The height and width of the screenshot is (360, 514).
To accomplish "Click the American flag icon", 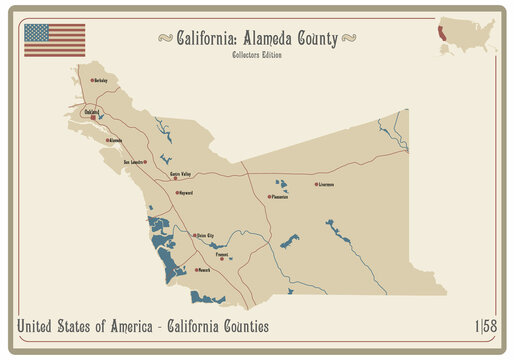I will click(x=54, y=39).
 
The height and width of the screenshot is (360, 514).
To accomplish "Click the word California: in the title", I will click(x=208, y=39).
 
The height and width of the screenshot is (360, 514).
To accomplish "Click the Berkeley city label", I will click(x=102, y=80).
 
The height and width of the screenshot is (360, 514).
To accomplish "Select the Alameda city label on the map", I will click(x=115, y=141).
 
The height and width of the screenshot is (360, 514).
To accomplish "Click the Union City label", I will click(x=205, y=236).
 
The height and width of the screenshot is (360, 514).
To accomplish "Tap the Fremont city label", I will click(x=222, y=254).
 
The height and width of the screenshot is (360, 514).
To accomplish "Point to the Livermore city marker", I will click(x=316, y=184).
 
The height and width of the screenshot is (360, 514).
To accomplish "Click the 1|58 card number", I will click(x=487, y=327).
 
